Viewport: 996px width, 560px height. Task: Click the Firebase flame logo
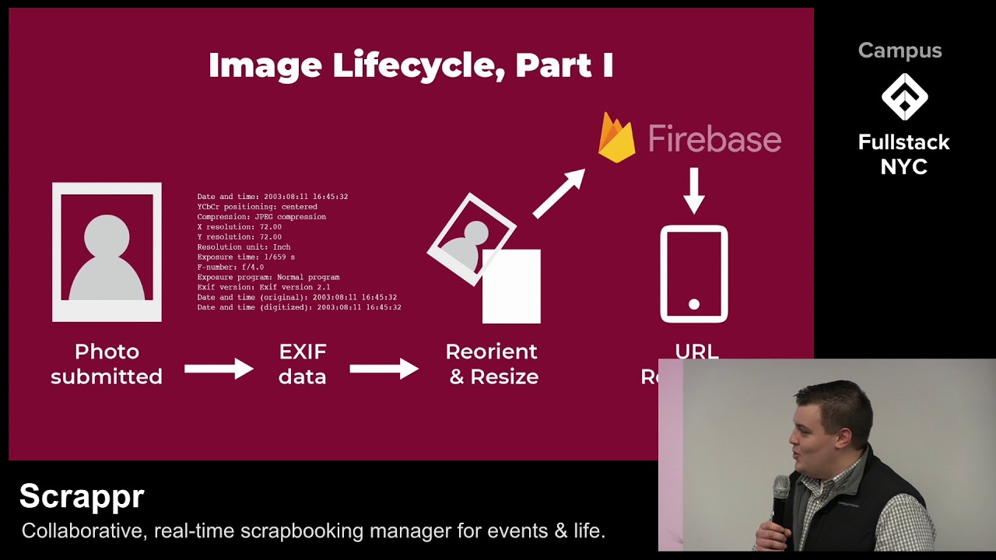pos(616,138)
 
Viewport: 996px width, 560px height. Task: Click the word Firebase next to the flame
pos(714,139)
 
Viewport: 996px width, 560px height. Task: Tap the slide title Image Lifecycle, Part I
pos(411,65)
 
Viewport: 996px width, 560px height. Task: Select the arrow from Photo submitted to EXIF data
pos(219,368)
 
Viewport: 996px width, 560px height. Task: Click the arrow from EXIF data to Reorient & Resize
pos(384,368)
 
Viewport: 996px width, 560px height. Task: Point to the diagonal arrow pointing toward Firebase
pos(559,194)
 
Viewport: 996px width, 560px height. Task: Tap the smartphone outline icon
pos(694,274)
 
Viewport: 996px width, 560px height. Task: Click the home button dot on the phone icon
pos(694,304)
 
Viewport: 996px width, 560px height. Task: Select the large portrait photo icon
pos(107,252)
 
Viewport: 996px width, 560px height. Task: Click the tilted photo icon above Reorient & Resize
pos(471,239)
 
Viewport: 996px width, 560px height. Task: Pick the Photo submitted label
pos(107,364)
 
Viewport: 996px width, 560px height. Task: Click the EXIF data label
pos(303,364)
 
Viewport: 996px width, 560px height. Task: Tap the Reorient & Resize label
pos(493,364)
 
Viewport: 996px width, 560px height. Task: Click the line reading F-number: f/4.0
pos(230,267)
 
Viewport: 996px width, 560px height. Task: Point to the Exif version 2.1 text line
pos(264,287)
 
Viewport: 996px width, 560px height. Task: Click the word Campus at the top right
pos(900,51)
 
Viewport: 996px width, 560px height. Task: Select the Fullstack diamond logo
pos(904,97)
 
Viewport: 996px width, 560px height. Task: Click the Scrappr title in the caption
pos(82,496)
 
